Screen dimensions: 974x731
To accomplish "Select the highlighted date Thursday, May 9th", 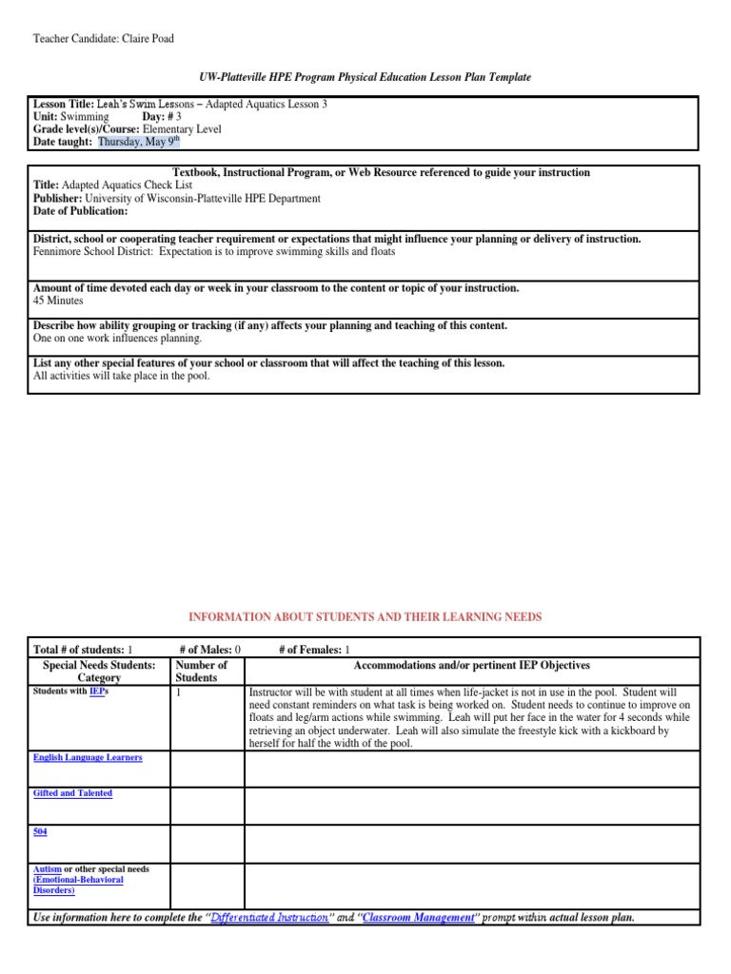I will point(138,142).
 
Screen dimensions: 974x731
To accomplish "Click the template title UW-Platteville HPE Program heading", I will point(365,76).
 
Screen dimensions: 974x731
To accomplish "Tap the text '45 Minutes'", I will point(59,301).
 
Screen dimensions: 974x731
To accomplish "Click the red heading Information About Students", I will point(365,617).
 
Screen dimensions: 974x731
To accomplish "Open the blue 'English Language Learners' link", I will point(88,757).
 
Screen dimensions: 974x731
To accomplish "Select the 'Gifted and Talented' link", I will point(72,793).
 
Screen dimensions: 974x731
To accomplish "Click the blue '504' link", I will point(40,831).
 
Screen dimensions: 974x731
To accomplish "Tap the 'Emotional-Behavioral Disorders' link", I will point(78,886).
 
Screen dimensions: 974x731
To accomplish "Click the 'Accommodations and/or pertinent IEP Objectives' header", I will point(484,666).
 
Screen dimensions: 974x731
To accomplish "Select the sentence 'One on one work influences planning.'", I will point(118,338).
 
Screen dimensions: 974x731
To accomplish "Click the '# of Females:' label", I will point(309,649).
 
